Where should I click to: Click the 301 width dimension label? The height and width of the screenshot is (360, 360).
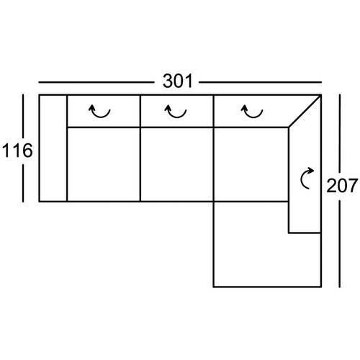click(x=178, y=81)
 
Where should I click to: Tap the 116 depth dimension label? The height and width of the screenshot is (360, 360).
click(x=17, y=150)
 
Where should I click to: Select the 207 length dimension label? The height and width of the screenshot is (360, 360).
click(x=342, y=186)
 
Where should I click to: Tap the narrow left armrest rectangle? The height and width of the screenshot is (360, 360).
click(x=53, y=148)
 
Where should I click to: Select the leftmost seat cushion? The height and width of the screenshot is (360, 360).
click(x=104, y=164)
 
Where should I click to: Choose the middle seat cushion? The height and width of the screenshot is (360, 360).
click(x=176, y=164)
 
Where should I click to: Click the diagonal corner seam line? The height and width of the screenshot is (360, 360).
click(x=305, y=111)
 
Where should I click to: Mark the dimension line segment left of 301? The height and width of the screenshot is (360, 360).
click(x=96, y=82)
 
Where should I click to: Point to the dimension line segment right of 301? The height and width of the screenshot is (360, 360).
click(x=260, y=82)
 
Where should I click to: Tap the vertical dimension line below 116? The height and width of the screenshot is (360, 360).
click(x=23, y=183)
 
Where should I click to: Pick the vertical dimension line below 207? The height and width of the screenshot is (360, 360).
click(x=340, y=244)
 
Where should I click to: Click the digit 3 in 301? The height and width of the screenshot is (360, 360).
click(x=168, y=81)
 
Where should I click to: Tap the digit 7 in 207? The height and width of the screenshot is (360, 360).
click(x=352, y=186)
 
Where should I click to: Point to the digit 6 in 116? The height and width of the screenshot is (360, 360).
click(x=27, y=150)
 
